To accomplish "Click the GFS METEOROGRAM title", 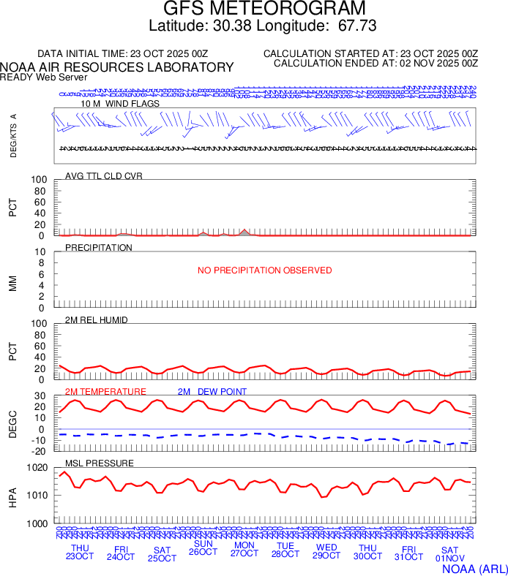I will (x=264, y=10).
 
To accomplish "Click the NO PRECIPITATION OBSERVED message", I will (x=265, y=270).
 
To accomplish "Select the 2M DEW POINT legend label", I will (x=212, y=392).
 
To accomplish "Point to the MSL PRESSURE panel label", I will (x=100, y=463).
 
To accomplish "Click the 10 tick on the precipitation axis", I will (x=41, y=252).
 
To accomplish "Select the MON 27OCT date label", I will (x=244, y=550).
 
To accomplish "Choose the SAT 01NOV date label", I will (x=449, y=554).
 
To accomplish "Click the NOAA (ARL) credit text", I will (x=474, y=568).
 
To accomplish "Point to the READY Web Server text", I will (x=44, y=77).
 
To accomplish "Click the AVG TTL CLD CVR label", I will (x=104, y=176).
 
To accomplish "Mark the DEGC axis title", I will (x=12, y=422).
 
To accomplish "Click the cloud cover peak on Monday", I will (x=245, y=230).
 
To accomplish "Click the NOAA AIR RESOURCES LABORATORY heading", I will (x=117, y=67).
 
